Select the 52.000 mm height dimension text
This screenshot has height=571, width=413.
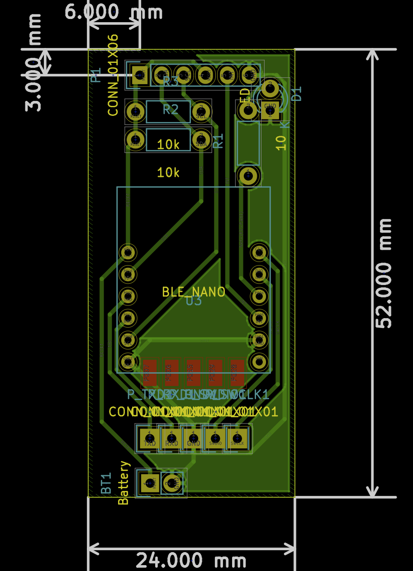[384, 273]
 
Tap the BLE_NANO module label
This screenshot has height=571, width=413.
[194, 292]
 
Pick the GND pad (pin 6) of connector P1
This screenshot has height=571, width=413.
[249, 74]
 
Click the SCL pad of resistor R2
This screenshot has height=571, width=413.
[201, 111]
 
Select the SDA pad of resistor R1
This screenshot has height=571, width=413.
[201, 138]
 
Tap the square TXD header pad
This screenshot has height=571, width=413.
[149, 438]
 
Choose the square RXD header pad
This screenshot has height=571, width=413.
[171, 438]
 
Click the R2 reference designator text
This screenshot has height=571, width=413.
[171, 109]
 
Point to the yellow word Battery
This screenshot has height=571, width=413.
[123, 483]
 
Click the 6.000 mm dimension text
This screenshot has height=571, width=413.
[114, 12]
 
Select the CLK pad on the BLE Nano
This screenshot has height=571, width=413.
[259, 252]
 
